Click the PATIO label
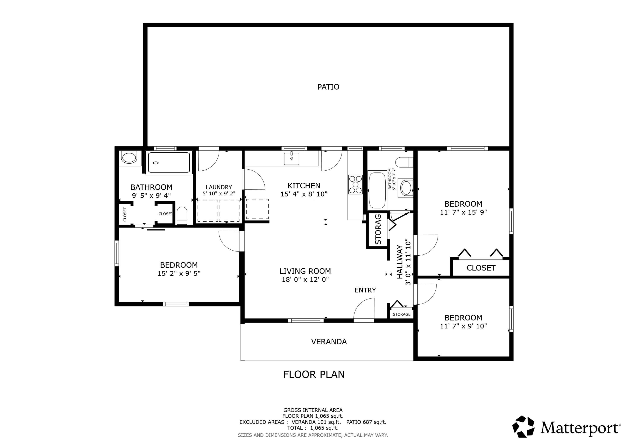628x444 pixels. [x=328, y=87]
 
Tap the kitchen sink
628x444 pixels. [x=291, y=159]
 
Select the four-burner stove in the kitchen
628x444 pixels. [x=355, y=185]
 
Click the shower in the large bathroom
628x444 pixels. [x=169, y=163]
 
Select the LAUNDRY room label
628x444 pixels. [x=219, y=187]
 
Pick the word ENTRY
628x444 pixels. [x=365, y=290]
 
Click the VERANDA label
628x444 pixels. [x=329, y=342]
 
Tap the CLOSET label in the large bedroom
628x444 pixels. [x=481, y=268]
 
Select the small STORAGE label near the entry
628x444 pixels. [x=401, y=314]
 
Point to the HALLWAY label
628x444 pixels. [x=400, y=262]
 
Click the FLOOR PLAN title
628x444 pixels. [x=314, y=375]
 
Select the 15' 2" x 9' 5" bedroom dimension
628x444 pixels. [x=179, y=274]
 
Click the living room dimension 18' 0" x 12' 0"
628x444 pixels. [x=305, y=280]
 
